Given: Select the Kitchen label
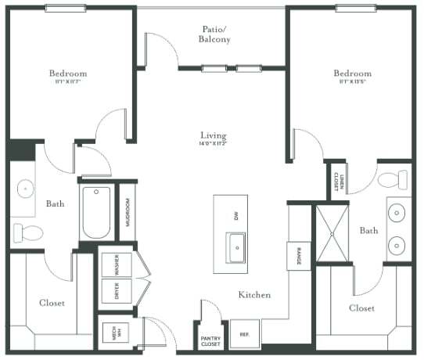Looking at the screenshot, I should pos(254,295).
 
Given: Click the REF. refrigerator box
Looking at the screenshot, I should pos(244,334).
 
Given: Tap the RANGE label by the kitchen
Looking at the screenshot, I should pos(299,256).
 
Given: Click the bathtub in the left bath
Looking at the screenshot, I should pos(97,212).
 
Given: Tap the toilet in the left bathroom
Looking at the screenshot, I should pos(27,232).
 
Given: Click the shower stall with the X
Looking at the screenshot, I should pos(334,232).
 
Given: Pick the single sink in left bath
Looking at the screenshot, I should pos(26,189).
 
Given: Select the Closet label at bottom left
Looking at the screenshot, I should pos(52,302).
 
